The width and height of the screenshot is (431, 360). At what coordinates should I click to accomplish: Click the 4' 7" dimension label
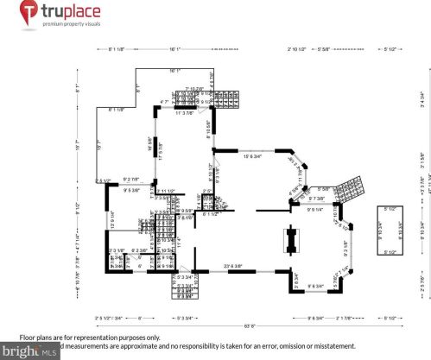click(x=165, y=103)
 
